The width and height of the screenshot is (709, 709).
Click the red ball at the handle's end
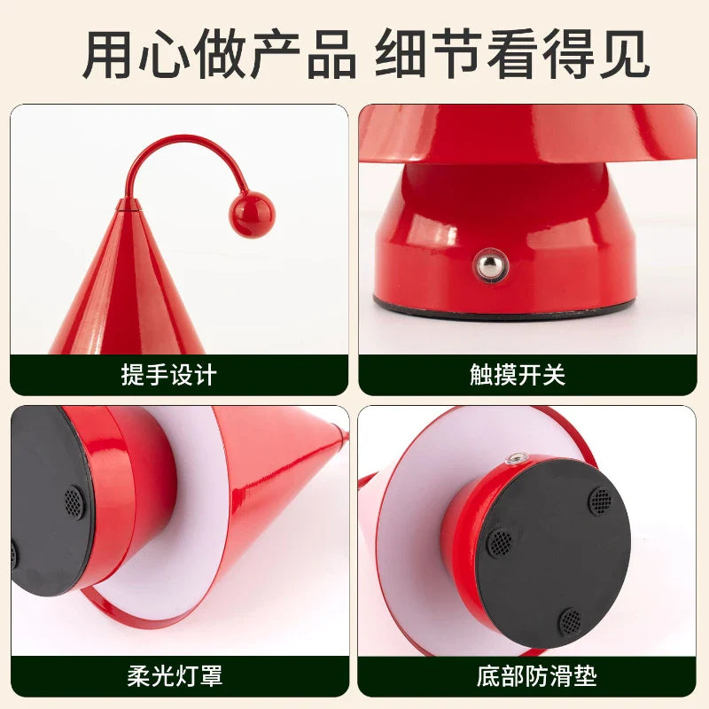coord(252,214)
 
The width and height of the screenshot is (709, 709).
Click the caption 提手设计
coord(169,375)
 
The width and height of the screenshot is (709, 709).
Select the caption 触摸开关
coord(518,375)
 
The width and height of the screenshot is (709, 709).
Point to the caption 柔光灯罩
coord(175,676)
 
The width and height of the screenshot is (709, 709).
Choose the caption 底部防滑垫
coord(536,676)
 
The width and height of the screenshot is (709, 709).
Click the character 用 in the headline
coord(107,53)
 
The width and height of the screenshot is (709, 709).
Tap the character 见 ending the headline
coord(626,53)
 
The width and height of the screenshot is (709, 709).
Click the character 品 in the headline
coord(331,53)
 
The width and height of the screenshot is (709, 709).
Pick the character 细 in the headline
coord(401,53)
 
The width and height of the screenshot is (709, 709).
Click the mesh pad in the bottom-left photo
coord(74,502)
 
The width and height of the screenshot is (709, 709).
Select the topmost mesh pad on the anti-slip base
coord(601,501)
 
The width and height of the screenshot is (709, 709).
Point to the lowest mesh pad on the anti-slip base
coord(570,621)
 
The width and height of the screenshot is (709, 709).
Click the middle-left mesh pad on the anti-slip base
coord(501,542)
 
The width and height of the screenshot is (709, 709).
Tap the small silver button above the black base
coord(514,459)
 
